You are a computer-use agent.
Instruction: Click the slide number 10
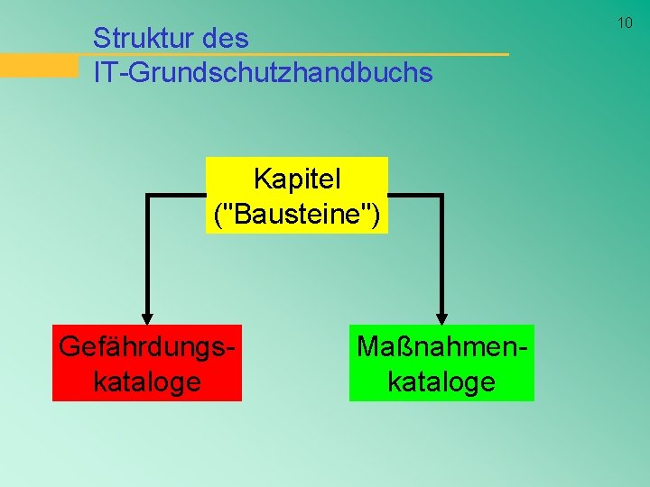tap(625, 23)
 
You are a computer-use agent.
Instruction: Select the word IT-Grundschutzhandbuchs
tap(263, 73)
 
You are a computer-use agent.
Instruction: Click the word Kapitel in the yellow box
tap(297, 179)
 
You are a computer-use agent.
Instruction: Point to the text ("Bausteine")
tap(297, 215)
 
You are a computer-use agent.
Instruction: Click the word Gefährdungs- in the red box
tap(147, 346)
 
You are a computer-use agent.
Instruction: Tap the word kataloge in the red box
tap(147, 381)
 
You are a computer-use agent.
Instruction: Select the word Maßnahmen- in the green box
tap(441, 346)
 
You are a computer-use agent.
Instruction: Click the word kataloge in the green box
tap(441, 381)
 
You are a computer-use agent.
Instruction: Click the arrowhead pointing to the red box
tap(147, 315)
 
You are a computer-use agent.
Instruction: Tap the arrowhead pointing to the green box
tap(441, 315)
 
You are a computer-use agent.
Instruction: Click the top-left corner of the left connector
tap(148, 196)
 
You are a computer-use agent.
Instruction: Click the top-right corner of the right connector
tap(441, 196)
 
